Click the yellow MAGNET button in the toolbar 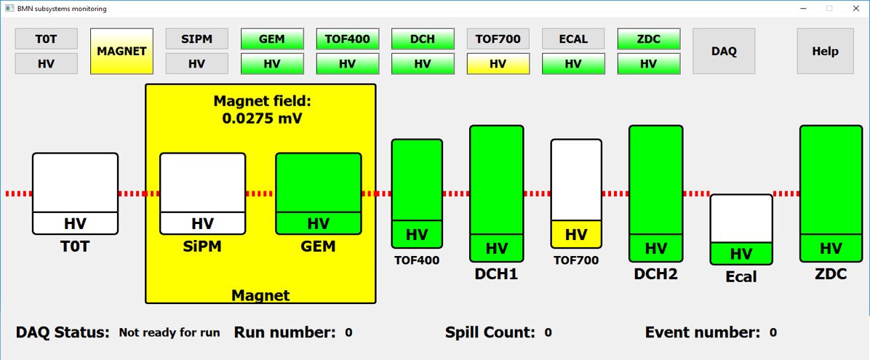coord(121,51)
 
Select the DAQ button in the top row coord(724,51)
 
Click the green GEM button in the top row coord(272,39)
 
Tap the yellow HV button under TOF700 coord(498,64)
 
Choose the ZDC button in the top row coord(649,39)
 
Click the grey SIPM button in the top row coord(197,39)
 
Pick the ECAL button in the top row coord(573,39)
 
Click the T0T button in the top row coord(46,39)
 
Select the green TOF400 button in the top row coord(347,39)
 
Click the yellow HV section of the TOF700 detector coord(576,234)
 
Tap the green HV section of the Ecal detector coord(741,254)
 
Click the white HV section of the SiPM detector coord(202,223)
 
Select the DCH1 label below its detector coord(497,273)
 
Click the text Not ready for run coord(169,333)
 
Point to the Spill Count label coord(490,333)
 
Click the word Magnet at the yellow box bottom coord(260,295)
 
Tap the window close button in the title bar coord(855,8)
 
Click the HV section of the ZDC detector coord(831,248)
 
